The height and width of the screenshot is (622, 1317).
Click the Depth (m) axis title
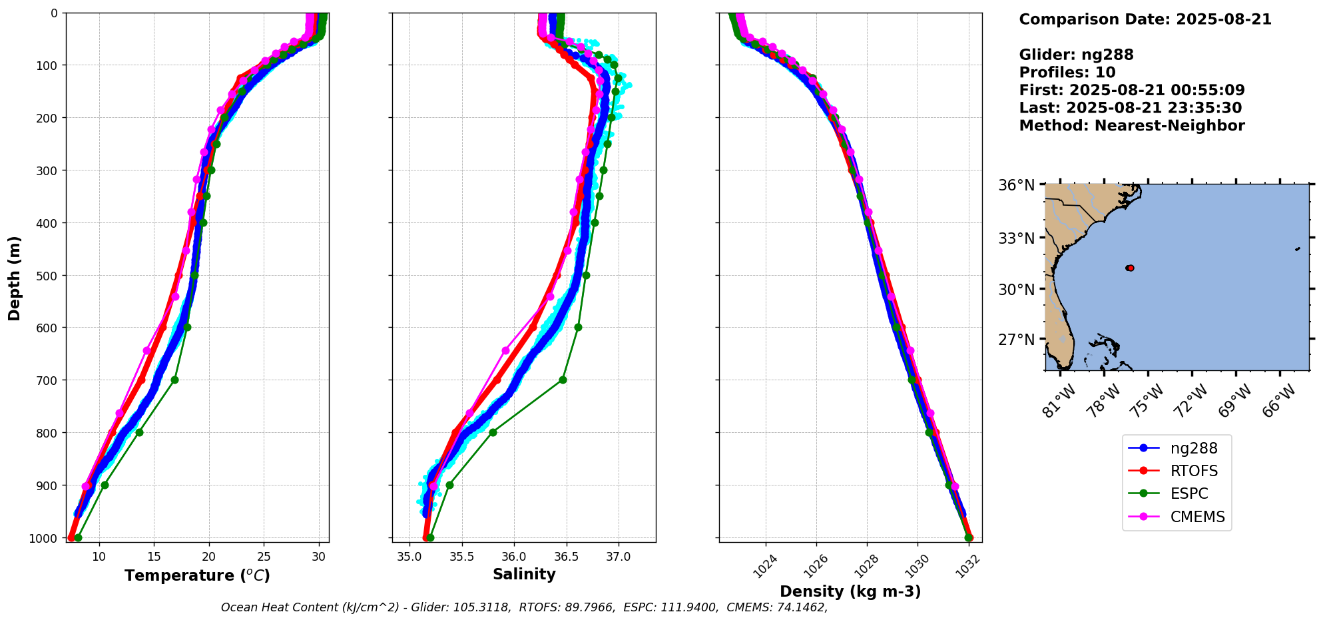click(x=15, y=278)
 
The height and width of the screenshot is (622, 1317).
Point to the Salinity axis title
click(x=524, y=574)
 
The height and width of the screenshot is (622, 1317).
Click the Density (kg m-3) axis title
click(x=850, y=591)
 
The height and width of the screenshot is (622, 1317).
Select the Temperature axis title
click(x=197, y=575)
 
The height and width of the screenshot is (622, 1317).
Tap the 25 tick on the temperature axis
click(x=264, y=557)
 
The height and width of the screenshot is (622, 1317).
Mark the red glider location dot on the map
click(x=1130, y=268)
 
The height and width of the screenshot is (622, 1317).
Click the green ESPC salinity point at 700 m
click(x=563, y=380)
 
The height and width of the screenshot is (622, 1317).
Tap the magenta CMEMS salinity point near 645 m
click(x=505, y=350)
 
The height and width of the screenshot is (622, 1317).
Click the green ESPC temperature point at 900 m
click(x=105, y=485)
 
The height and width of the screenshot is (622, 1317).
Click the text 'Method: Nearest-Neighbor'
click(x=1131, y=126)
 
